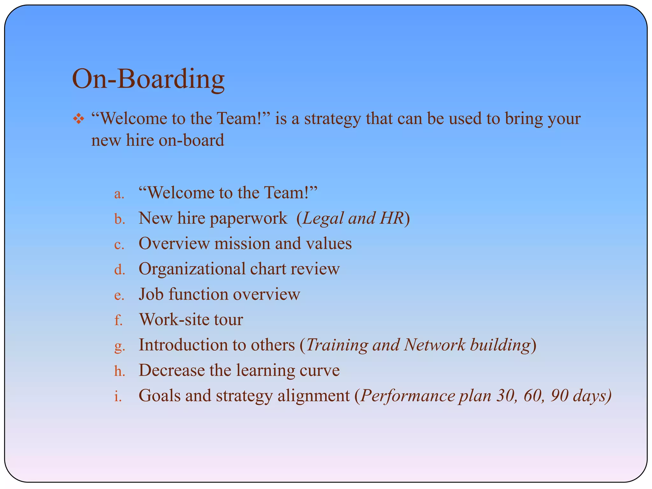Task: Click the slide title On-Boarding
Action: pyautogui.click(x=148, y=79)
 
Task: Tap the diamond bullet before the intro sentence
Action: pyautogui.click(x=78, y=119)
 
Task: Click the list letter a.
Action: pyautogui.click(x=119, y=194)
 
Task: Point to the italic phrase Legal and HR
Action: pyautogui.click(x=353, y=218)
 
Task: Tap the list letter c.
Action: pyautogui.click(x=119, y=244)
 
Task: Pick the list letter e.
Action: pyautogui.click(x=119, y=295)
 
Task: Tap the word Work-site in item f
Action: pyautogui.click(x=174, y=319)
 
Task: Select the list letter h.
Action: pyautogui.click(x=119, y=371)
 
